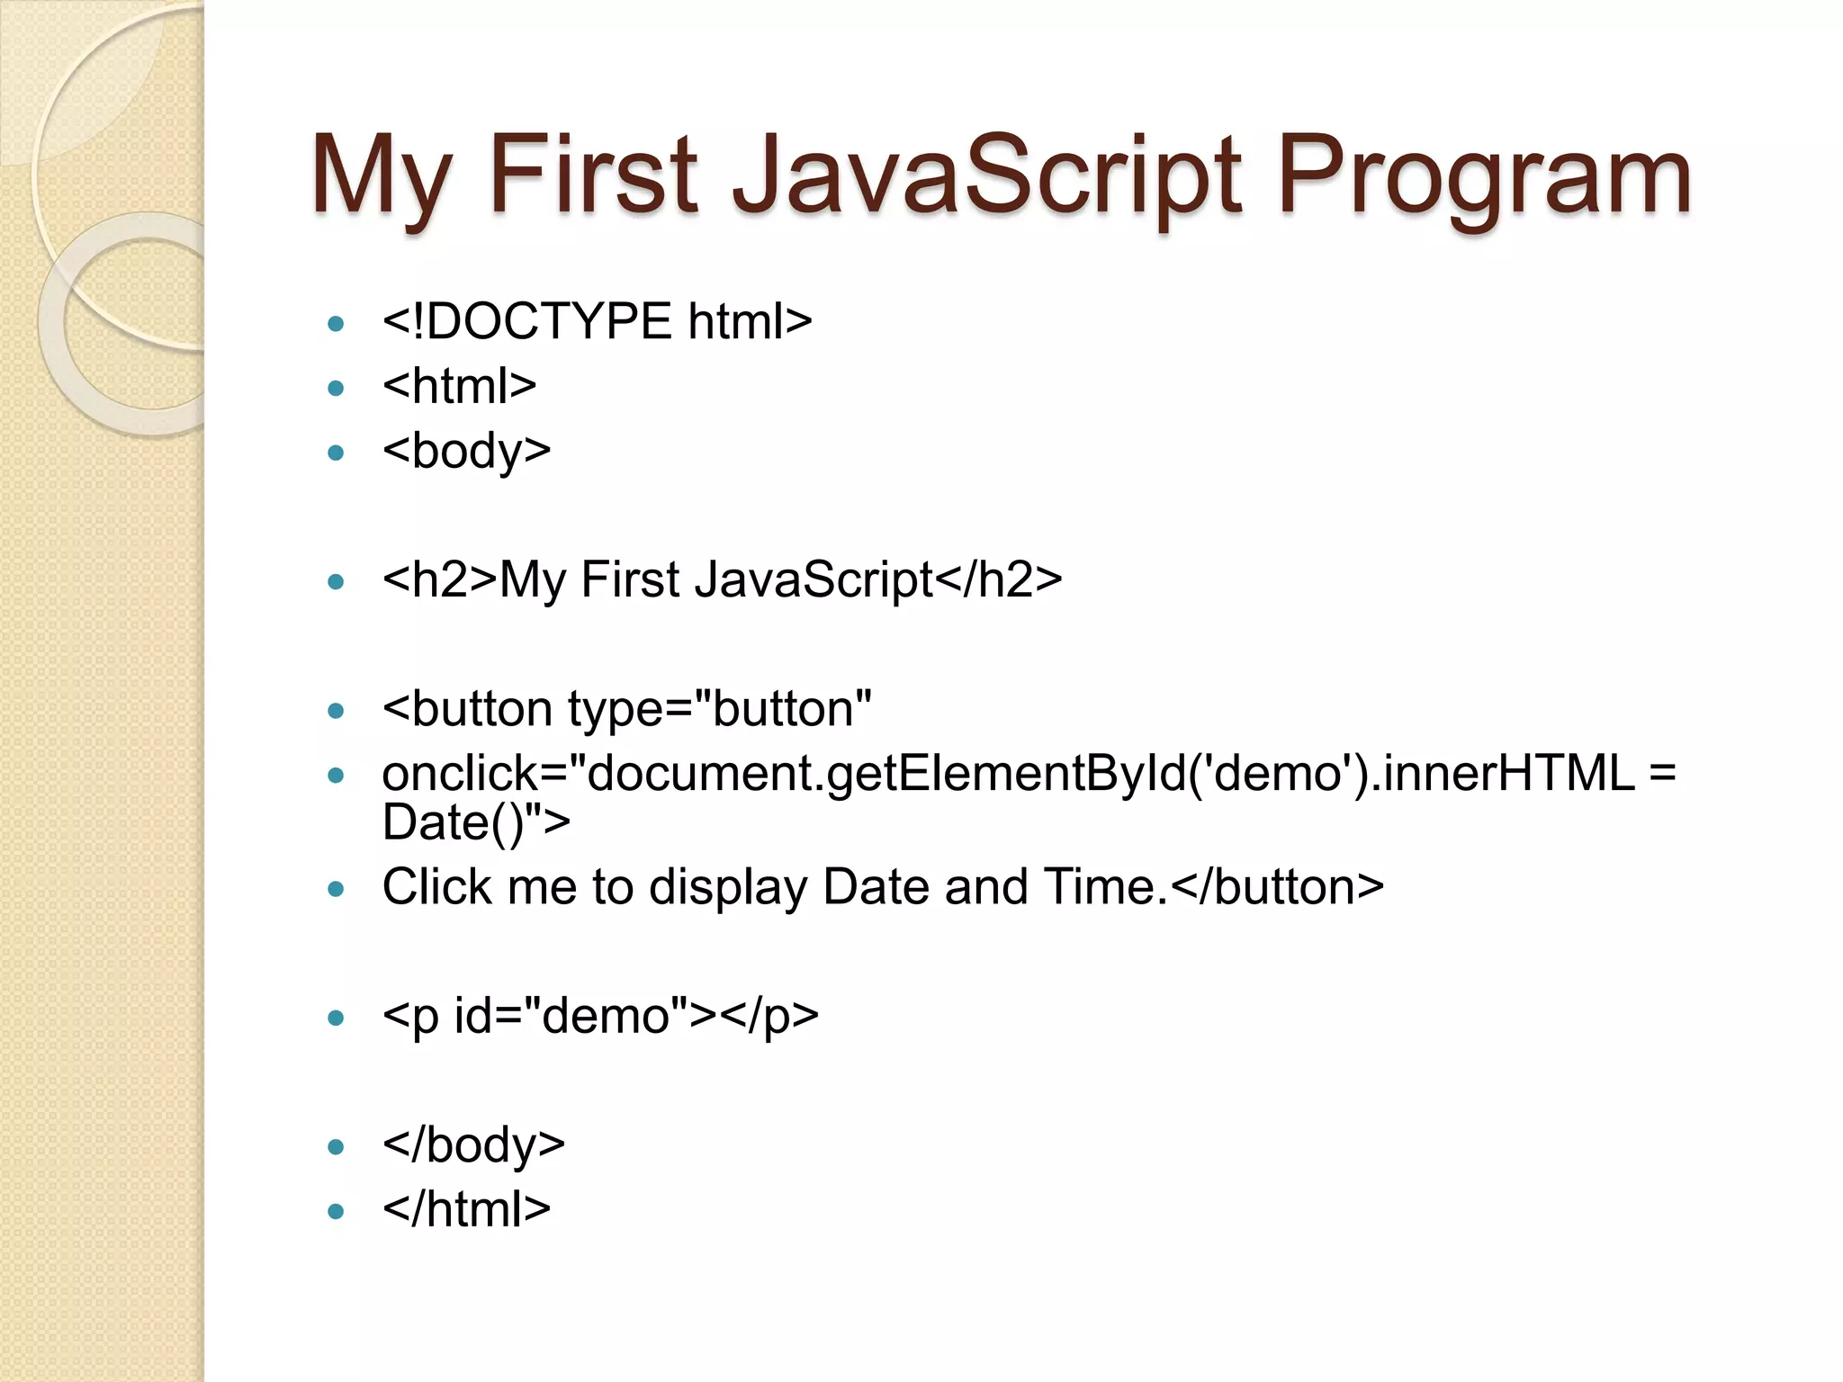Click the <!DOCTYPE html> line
[597, 321]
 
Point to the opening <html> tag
[459, 386]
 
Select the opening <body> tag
[466, 451]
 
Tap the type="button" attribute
[720, 710]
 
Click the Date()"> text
[475, 822]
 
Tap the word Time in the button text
[1098, 887]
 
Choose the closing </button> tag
[1278, 887]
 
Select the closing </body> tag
[473, 1146]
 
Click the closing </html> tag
[466, 1210]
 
